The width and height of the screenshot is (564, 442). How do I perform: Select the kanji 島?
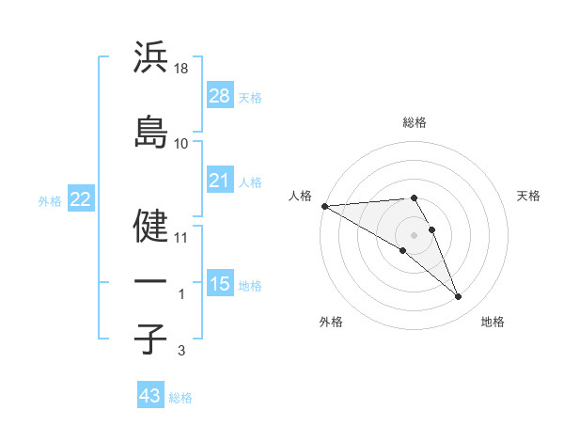(150, 133)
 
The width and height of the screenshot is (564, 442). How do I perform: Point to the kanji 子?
(150, 338)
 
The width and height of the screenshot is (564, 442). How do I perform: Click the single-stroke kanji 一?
(150, 281)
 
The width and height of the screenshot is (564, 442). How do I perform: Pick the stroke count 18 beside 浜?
(182, 69)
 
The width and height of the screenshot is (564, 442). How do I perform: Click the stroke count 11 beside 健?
(181, 238)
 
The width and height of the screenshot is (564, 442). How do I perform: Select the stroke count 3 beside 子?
(180, 351)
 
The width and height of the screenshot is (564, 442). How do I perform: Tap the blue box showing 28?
(219, 96)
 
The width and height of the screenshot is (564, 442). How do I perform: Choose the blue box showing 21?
(219, 181)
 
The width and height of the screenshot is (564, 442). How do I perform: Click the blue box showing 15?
(219, 284)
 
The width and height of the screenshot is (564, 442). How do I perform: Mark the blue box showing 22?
(81, 199)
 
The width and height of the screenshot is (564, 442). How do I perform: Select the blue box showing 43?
(150, 396)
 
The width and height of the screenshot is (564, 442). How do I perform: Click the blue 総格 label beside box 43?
(181, 398)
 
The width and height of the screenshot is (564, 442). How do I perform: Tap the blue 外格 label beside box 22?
(50, 200)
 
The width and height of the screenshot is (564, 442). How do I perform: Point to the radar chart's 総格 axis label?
(415, 122)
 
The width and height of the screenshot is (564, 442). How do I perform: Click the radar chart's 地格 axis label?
(493, 322)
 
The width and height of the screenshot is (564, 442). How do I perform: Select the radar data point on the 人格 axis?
(324, 206)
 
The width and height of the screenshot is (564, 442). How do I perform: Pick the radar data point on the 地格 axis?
(459, 297)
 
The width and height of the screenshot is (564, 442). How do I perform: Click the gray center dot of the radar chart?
(414, 234)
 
